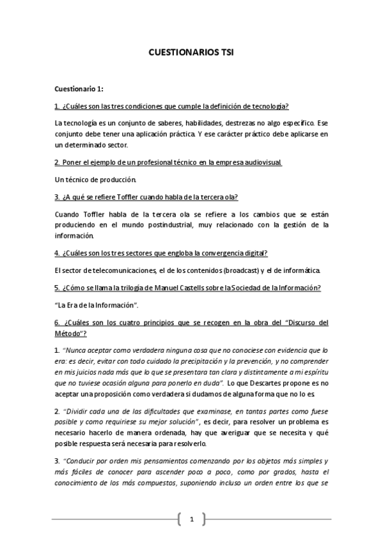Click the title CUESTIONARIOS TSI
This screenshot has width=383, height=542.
coord(191,55)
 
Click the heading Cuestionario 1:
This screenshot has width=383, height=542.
coord(79,89)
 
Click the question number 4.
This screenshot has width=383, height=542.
coord(57,252)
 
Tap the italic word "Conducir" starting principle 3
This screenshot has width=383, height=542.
coord(82,462)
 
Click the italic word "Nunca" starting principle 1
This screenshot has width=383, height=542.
coord(75,350)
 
